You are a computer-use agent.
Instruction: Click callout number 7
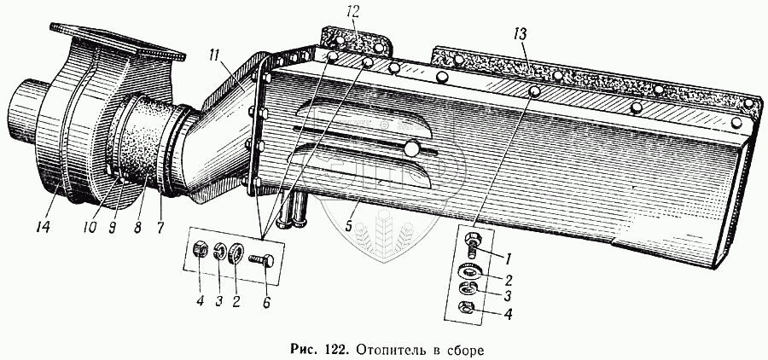(161, 228)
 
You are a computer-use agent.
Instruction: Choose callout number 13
(521, 33)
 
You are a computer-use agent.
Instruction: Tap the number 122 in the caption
(337, 348)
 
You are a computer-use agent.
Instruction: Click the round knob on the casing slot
(414, 149)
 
